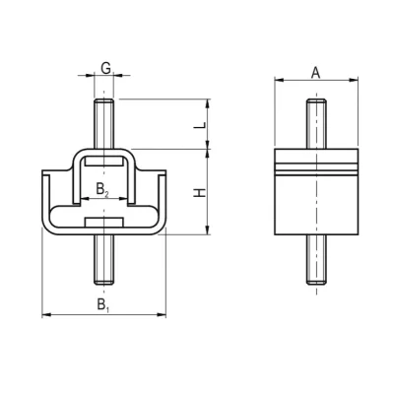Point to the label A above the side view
(314, 71)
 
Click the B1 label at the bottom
(103, 304)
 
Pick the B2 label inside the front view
(101, 186)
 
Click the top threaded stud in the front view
(103, 123)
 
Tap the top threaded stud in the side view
(314, 123)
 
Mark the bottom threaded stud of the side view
(314, 261)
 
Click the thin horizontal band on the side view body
(314, 168)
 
